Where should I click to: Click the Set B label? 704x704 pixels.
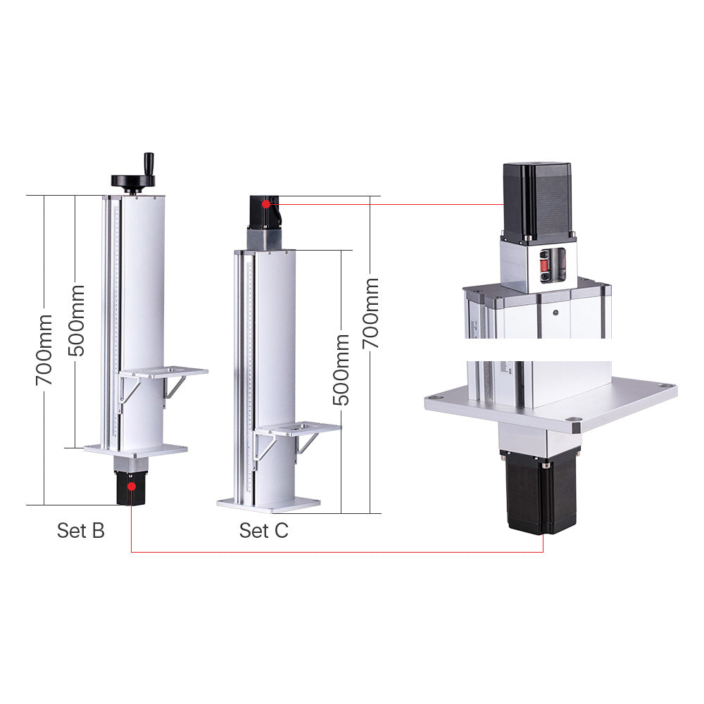coord(81,530)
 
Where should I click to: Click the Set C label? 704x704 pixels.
coord(263,530)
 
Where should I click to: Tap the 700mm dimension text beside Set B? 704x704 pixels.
coord(44,350)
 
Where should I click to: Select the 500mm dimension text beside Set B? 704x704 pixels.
coord(77,320)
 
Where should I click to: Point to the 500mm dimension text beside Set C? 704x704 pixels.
coord(341,370)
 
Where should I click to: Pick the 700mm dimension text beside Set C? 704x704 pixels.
coord(371,313)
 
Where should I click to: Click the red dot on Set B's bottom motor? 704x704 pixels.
coord(132,486)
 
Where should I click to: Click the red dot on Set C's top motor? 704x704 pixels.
coord(266,204)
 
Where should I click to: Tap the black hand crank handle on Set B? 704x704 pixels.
coord(149,165)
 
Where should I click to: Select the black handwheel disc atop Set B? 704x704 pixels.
coord(133,181)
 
